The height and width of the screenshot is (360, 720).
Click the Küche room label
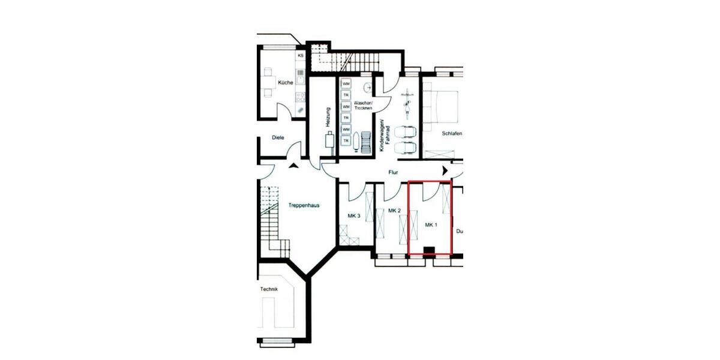[286, 83]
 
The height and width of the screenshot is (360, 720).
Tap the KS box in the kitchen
[301, 56]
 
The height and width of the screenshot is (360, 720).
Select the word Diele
[278, 137]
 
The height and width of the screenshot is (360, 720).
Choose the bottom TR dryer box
[346, 140]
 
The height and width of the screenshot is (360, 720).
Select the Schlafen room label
[451, 133]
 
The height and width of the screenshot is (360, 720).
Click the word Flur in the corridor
[394, 172]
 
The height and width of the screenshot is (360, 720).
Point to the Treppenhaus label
[304, 205]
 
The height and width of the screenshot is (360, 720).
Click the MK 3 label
[354, 216]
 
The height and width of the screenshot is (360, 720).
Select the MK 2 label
[394, 211]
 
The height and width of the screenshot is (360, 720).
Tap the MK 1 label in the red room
[431, 225]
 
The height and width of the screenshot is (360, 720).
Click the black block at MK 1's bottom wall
[429, 251]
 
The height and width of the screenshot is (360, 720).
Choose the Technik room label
[269, 289]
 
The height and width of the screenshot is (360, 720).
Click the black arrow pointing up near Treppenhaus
[293, 166]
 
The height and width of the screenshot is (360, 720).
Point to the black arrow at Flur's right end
[445, 172]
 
